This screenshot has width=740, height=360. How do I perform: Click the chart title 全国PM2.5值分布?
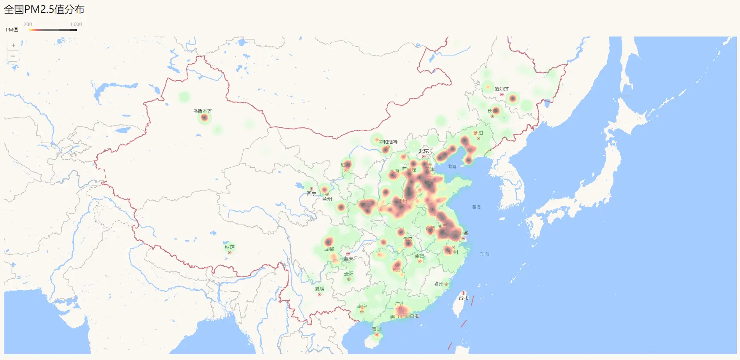coord(44,9)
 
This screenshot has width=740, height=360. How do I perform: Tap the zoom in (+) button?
coord(13,45)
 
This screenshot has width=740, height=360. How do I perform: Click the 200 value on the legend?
coord(28,24)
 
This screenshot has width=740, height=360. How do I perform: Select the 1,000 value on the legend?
coord(76,24)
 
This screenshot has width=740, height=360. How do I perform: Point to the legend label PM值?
coord(12,30)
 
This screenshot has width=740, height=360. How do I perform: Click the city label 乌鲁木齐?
coord(202,111)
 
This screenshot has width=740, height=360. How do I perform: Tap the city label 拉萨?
coord(229,247)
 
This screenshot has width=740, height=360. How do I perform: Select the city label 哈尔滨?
coord(501,89)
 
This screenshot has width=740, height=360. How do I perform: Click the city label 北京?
coord(424,151)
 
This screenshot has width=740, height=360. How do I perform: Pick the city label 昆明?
coord(320,289)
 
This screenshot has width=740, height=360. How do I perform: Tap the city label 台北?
coord(463,298)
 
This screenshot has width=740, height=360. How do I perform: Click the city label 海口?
coord(376,329)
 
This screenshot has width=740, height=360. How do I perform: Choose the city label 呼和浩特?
coord(388,142)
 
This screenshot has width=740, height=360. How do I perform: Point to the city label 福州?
coord(439,284)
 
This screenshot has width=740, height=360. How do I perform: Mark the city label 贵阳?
coord(349,273)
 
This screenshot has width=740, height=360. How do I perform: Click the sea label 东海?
coord(484,254)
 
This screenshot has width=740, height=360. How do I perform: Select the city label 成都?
coord(329,249)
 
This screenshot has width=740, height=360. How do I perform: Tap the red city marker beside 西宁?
coord(311,189)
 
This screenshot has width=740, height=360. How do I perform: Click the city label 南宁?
coord(362,306)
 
